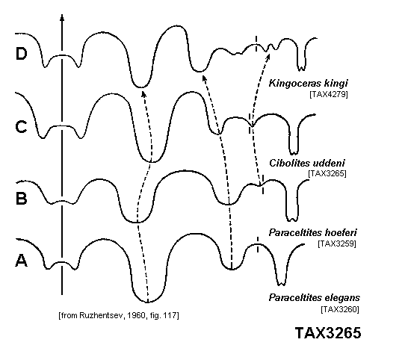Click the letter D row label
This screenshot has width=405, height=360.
click(21, 54)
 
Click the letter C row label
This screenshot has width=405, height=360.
click(21, 127)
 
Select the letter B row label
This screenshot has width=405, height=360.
click(21, 199)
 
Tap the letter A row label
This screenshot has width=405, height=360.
click(21, 260)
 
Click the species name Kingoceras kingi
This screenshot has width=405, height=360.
click(308, 84)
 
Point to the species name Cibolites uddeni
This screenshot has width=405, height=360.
click(307, 164)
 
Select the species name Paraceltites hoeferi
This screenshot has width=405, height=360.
click(312, 232)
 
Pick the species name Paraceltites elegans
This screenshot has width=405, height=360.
click(314, 297)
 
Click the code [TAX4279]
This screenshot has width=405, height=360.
click(329, 94)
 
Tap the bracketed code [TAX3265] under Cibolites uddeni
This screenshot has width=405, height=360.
click(327, 173)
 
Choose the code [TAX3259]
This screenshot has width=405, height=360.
click(337, 243)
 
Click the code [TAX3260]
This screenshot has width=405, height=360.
click(340, 309)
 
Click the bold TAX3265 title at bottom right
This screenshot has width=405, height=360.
click(328, 332)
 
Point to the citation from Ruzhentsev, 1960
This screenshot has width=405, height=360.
click(119, 315)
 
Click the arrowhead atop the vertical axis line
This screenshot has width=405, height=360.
click(62, 17)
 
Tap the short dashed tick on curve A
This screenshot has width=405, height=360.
click(258, 244)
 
